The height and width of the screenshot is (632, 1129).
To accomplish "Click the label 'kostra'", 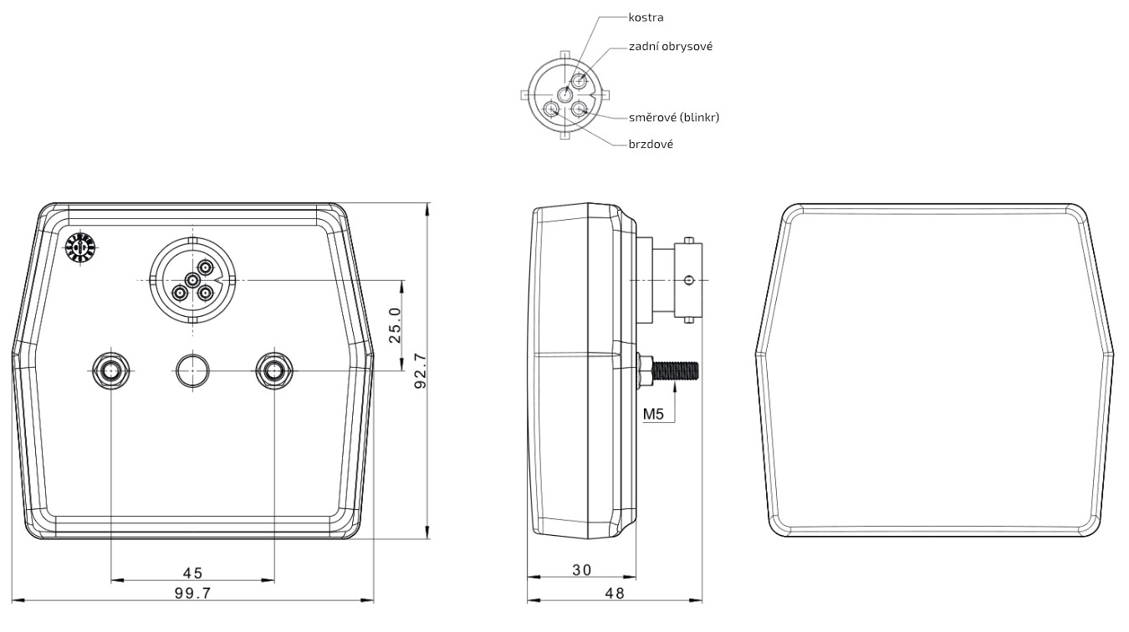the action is coord(646,18).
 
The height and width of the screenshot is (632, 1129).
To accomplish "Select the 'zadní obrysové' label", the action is coord(671,46).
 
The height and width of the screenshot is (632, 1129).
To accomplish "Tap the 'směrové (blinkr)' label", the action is coord(674,117).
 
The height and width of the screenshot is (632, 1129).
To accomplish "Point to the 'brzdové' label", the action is coord(651,144).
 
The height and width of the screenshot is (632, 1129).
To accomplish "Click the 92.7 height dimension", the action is coord(421,371).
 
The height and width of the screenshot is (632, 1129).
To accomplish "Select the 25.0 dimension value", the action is coord(395,325).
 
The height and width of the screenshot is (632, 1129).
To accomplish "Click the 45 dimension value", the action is coord(192,573).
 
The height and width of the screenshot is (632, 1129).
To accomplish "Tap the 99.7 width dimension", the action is coord(192,594).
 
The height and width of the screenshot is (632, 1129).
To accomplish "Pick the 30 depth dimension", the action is coord(581,570).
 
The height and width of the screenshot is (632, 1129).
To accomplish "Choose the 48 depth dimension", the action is coord(615,594).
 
